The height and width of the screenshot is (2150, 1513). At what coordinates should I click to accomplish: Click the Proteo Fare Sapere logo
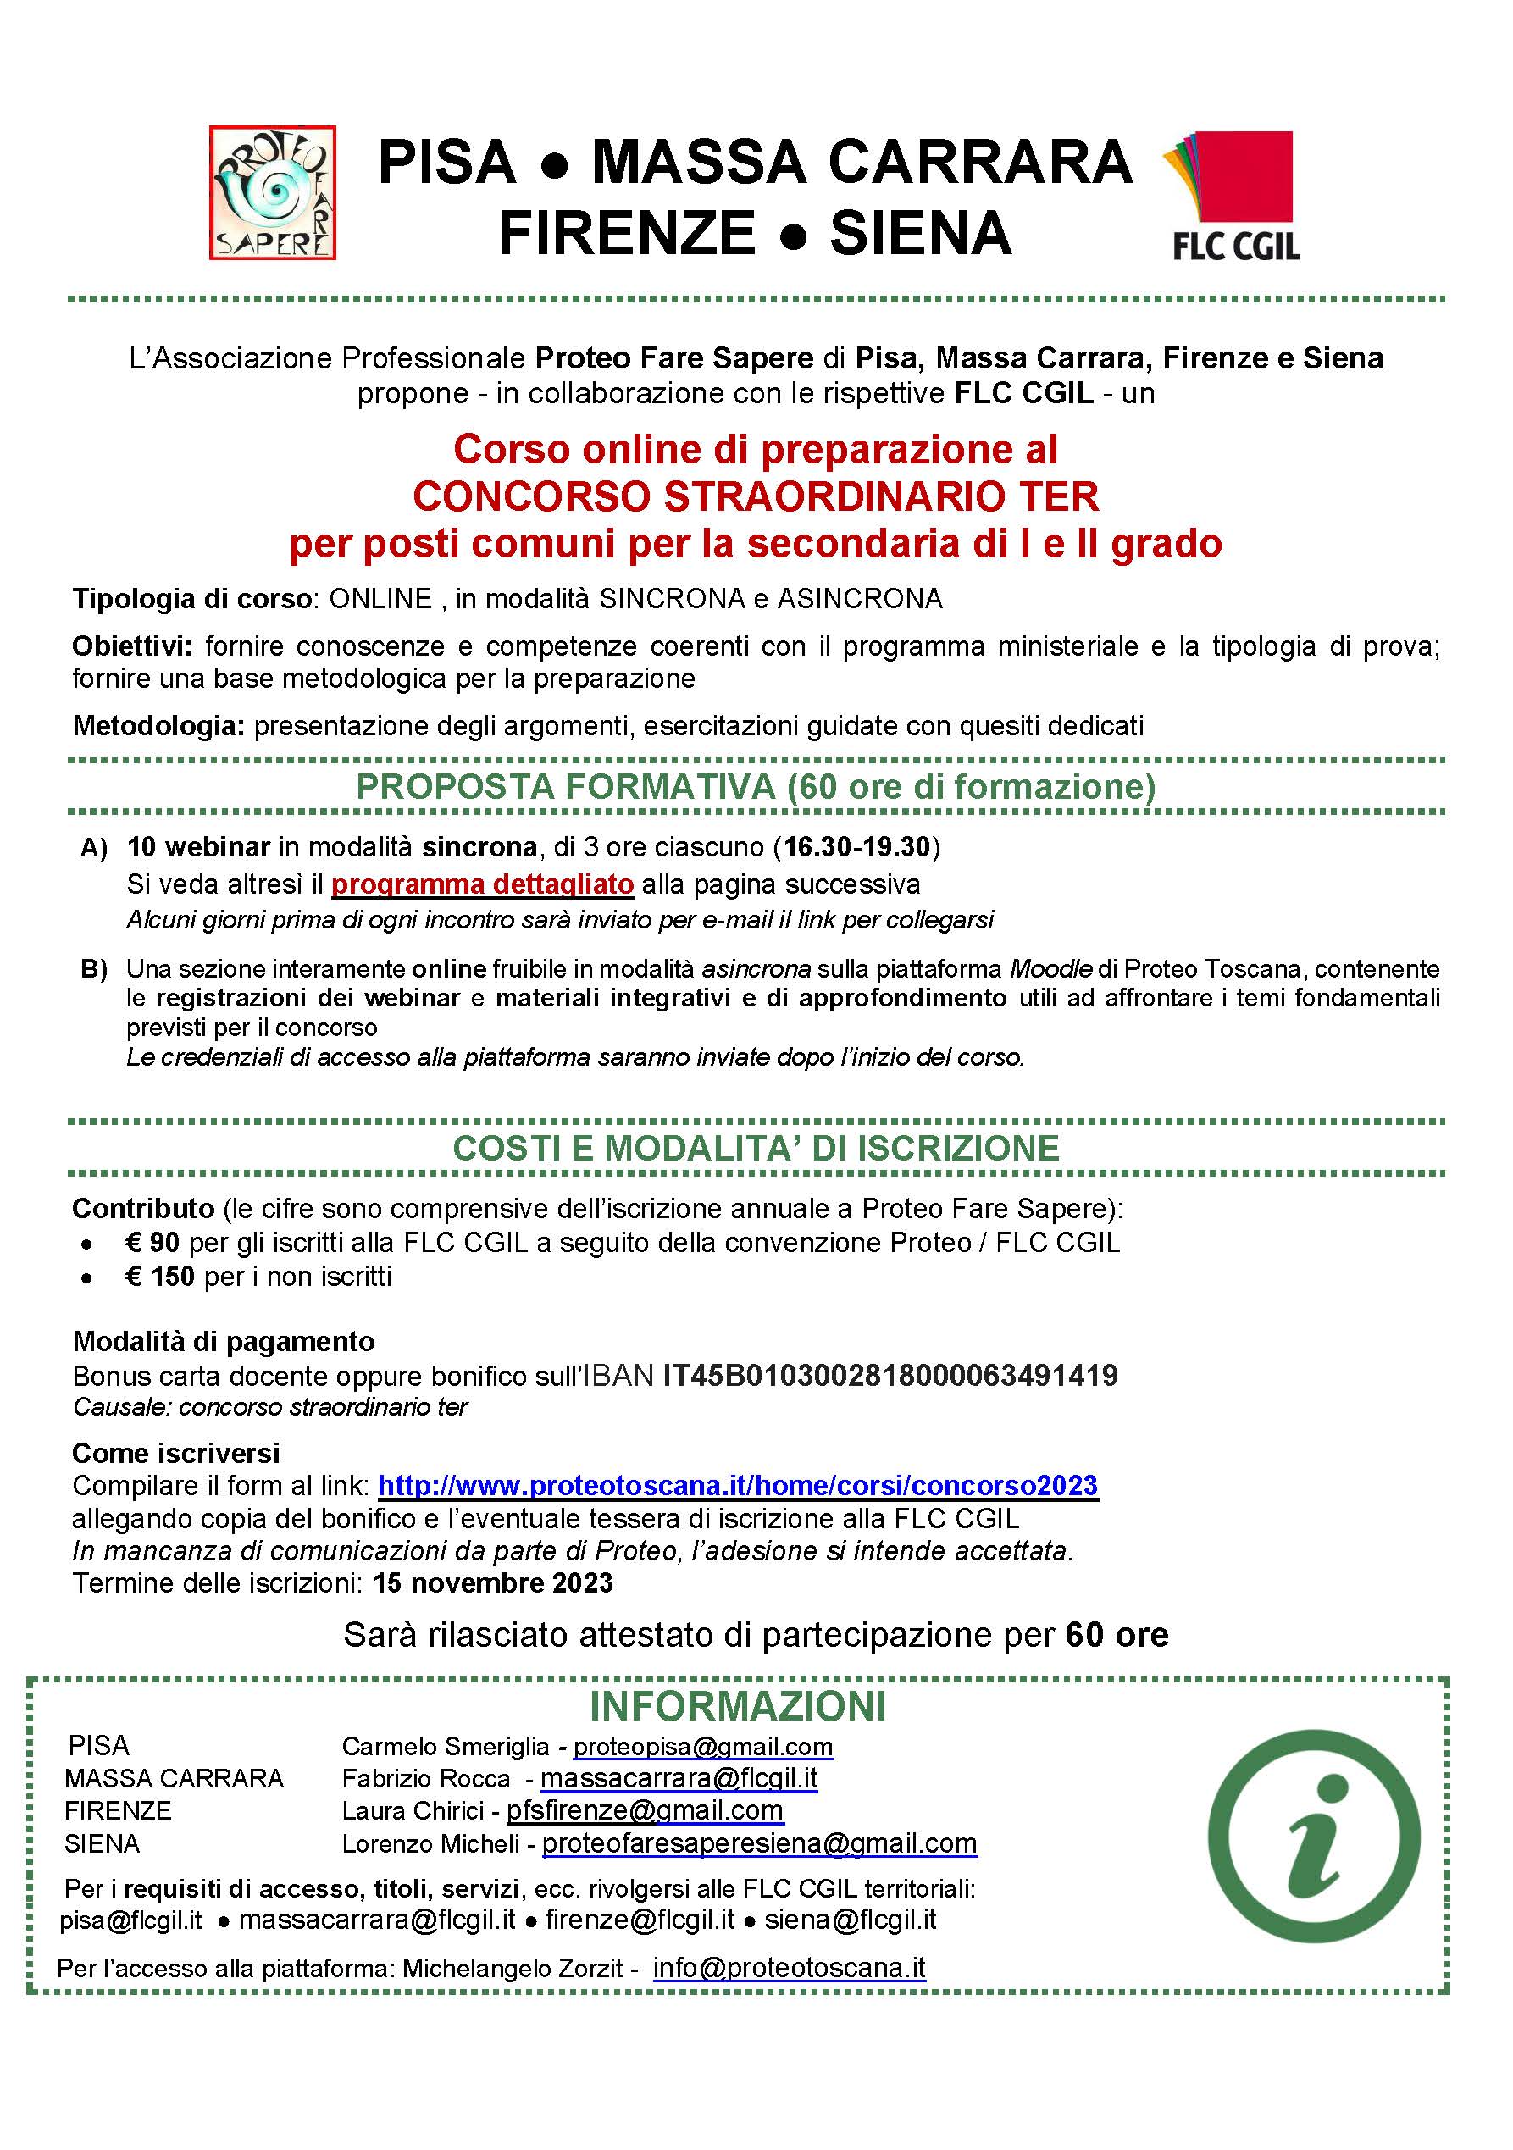(x=273, y=191)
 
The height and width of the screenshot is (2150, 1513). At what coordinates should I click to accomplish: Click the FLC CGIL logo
(x=1234, y=195)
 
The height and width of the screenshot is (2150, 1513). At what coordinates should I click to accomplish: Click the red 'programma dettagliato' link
(x=482, y=884)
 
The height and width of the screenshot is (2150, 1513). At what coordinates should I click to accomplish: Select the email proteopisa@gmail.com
(x=702, y=1747)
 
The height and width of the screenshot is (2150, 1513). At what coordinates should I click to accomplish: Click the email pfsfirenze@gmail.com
(x=644, y=1811)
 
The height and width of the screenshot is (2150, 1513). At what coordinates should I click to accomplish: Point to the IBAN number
(x=890, y=1376)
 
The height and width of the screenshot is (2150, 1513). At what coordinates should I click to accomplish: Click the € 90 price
(x=152, y=1243)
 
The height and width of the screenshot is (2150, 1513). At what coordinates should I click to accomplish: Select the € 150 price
(x=159, y=1277)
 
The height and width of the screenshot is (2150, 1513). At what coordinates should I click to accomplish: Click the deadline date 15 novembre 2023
(x=492, y=1583)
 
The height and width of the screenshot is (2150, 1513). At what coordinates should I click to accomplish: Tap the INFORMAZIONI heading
(x=737, y=1706)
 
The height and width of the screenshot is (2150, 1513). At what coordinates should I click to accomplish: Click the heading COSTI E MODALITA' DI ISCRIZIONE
(x=756, y=1148)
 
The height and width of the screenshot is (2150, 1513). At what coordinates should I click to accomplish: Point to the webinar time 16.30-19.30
(x=856, y=847)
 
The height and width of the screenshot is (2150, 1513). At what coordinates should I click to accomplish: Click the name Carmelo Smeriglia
(x=445, y=1747)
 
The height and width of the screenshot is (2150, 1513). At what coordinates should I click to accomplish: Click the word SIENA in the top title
(x=920, y=233)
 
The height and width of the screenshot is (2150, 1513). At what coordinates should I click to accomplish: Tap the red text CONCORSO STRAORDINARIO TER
(x=756, y=496)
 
